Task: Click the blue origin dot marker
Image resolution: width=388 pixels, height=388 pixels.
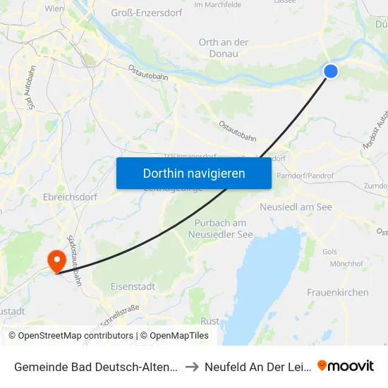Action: [x=330, y=71]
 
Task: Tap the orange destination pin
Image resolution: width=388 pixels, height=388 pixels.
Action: [x=56, y=261]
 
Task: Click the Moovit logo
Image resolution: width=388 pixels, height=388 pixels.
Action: [x=346, y=366]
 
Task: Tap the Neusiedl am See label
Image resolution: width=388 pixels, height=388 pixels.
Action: [x=296, y=207]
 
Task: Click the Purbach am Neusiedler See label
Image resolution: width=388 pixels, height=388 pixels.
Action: [x=223, y=228]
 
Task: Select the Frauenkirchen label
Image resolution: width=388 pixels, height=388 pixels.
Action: [x=337, y=292]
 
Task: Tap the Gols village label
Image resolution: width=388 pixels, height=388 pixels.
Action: [x=329, y=252]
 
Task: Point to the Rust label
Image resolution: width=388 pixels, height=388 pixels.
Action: [x=210, y=321]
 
